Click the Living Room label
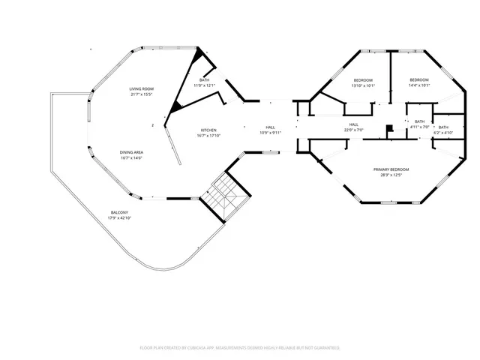141,88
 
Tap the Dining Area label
131,152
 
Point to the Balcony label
119,213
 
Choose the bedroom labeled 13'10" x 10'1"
363,79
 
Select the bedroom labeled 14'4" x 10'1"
418,79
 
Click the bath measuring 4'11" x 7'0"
419,121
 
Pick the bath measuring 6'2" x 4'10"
443,127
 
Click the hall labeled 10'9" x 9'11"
270,127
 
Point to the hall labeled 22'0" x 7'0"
353,124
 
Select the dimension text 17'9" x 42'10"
119,218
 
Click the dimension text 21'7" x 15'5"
141,94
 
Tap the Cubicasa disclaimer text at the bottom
240,348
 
